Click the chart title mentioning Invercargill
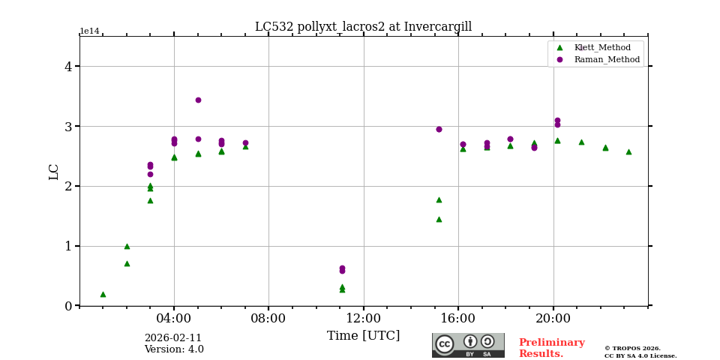pyautogui.click(x=363, y=27)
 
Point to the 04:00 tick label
pyautogui.click(x=174, y=317)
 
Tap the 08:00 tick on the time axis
pyautogui.click(x=268, y=317)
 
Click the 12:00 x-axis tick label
pyautogui.click(x=363, y=317)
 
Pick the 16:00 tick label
pyautogui.click(x=458, y=317)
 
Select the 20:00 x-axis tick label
pyautogui.click(x=553, y=317)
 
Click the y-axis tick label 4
pyautogui.click(x=68, y=66)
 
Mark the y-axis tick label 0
pyautogui.click(x=68, y=306)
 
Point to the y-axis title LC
pyautogui.click(x=54, y=171)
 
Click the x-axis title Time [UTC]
pyautogui.click(x=363, y=336)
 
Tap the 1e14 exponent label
pyautogui.click(x=89, y=31)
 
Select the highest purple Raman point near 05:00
pyautogui.click(x=198, y=100)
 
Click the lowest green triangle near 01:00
pyautogui.click(x=103, y=294)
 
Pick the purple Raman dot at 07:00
pyautogui.click(x=245, y=142)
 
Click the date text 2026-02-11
pyautogui.click(x=173, y=338)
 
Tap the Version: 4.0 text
pyautogui.click(x=174, y=349)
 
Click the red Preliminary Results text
pyautogui.click(x=551, y=348)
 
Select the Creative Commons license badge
pyautogui.click(x=468, y=345)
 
